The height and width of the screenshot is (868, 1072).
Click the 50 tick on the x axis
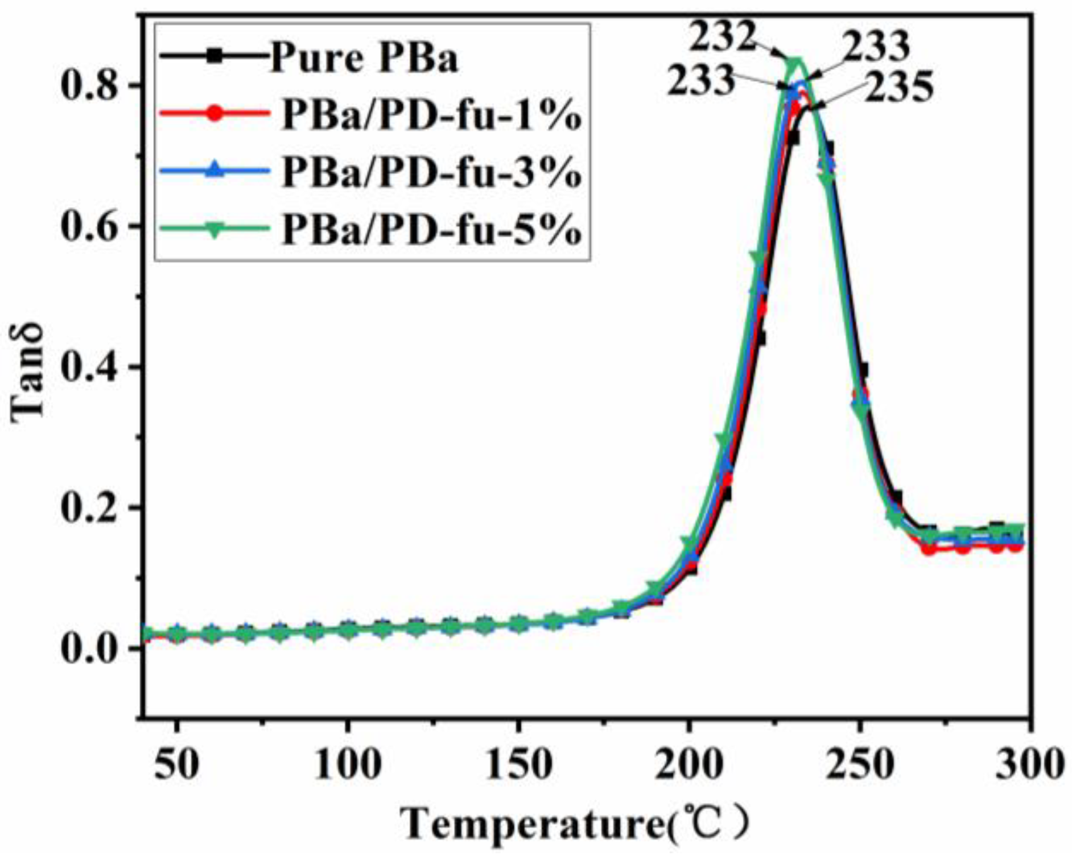point(177,765)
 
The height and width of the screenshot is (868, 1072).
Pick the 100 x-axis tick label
point(347,765)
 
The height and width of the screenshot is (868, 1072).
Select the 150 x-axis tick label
point(518,765)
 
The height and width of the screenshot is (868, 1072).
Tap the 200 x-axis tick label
point(689,765)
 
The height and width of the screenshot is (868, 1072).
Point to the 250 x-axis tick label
point(860,765)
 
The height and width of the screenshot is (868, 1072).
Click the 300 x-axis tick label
point(1027,765)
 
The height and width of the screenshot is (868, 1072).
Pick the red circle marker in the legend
point(215,113)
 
